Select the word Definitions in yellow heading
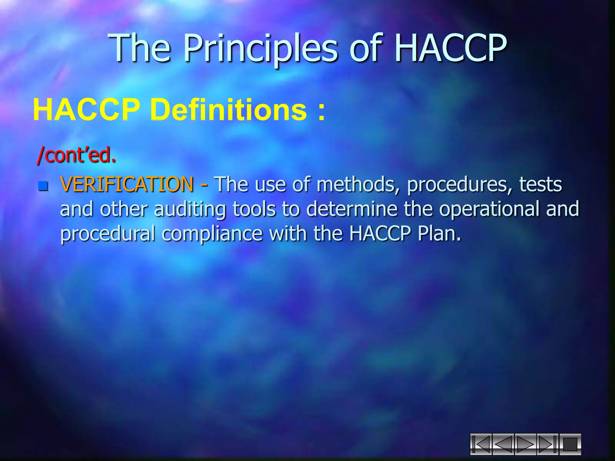pyautogui.click(x=230, y=110)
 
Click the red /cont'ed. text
pyautogui.click(x=76, y=155)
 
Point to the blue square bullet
pyautogui.click(x=43, y=186)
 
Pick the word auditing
pyautogui.click(x=190, y=209)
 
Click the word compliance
pyautogui.click(x=212, y=234)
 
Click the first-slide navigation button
pyautogui.click(x=481, y=444)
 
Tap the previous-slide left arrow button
pyautogui.click(x=503, y=444)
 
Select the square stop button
pyautogui.click(x=570, y=444)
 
